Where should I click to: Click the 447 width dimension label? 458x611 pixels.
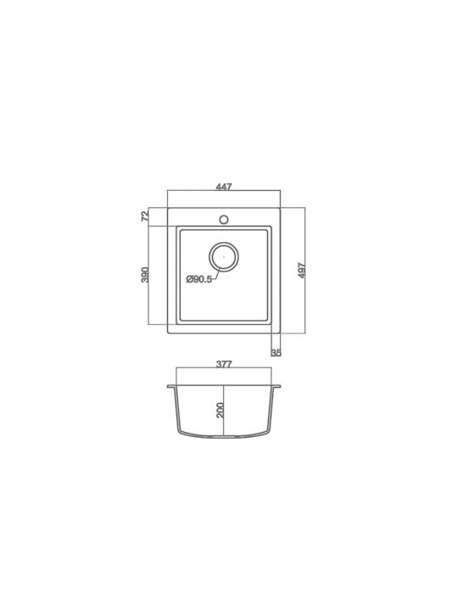click(224, 187)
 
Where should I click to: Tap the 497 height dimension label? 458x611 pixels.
click(302, 271)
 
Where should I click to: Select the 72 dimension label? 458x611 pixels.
click(145, 216)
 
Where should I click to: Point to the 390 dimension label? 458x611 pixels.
click(145, 275)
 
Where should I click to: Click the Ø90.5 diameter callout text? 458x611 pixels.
click(199, 279)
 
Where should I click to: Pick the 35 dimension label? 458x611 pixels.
click(276, 353)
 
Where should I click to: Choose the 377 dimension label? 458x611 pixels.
click(224, 364)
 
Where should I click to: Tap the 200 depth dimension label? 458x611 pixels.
click(220, 411)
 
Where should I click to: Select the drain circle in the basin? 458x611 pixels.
click(224, 243)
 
